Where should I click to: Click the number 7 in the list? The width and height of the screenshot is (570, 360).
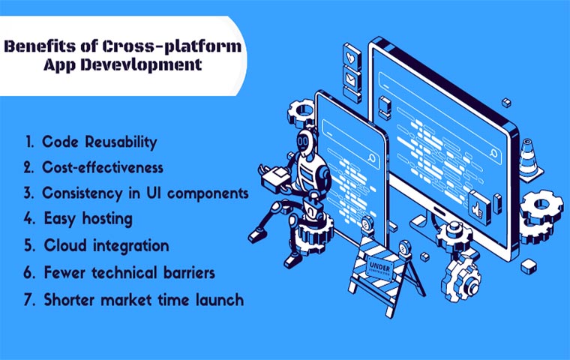point(27,299)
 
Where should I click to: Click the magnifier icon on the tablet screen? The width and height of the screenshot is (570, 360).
point(372,160)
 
